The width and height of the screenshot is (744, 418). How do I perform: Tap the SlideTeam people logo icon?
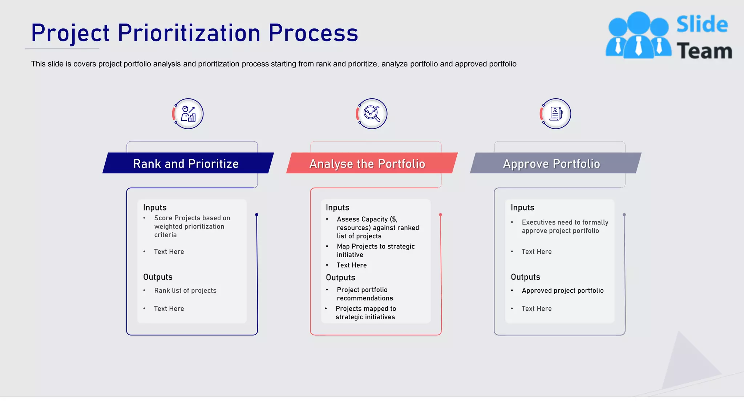(638, 35)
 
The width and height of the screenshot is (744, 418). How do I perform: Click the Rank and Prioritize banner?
(186, 164)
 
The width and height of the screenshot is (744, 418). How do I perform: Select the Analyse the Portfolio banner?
(367, 164)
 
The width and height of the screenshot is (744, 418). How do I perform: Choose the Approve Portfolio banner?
(551, 164)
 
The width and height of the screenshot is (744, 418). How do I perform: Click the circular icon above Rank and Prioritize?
(188, 114)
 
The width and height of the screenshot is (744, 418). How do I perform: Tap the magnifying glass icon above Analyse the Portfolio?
(372, 114)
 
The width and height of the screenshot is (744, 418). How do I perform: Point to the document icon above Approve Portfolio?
(555, 114)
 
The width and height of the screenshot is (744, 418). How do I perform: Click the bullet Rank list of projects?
(185, 291)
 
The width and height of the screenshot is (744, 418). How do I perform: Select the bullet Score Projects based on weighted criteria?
(192, 226)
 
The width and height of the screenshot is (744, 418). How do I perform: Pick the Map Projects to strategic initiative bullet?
(375, 250)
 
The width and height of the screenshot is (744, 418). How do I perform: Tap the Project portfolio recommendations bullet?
(364, 294)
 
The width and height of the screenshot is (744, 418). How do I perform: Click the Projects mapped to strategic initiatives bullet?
(365, 312)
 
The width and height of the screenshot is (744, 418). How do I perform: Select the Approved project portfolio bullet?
(562, 291)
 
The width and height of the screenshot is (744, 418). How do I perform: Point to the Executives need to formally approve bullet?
(565, 226)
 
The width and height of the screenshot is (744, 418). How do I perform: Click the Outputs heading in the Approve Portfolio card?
(525, 277)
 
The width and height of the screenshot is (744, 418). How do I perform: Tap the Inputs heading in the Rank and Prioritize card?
(155, 208)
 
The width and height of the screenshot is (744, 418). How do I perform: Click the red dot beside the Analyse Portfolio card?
(441, 215)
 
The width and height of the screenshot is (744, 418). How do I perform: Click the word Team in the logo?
(704, 51)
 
